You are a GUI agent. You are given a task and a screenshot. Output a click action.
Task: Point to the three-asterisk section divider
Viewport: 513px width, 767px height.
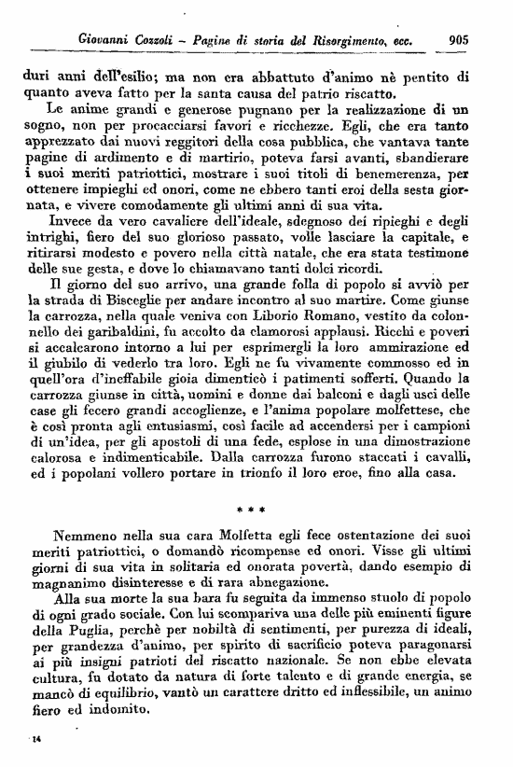pyautogui.click(x=255, y=509)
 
